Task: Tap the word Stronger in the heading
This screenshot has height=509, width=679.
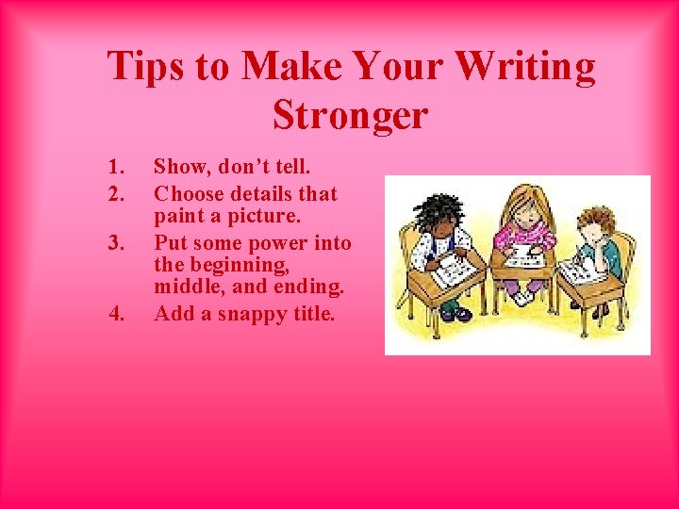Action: pyautogui.click(x=350, y=116)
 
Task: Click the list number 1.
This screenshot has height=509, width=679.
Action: pyautogui.click(x=116, y=168)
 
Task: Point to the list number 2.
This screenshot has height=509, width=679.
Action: pyautogui.click(x=116, y=194)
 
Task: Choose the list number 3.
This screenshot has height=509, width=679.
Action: pyautogui.click(x=116, y=244)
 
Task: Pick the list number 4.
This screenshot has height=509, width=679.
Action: pyautogui.click(x=116, y=314)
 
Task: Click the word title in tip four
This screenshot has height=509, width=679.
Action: pyautogui.click(x=311, y=314)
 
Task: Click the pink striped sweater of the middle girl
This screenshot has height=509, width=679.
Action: pyautogui.click(x=524, y=236)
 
